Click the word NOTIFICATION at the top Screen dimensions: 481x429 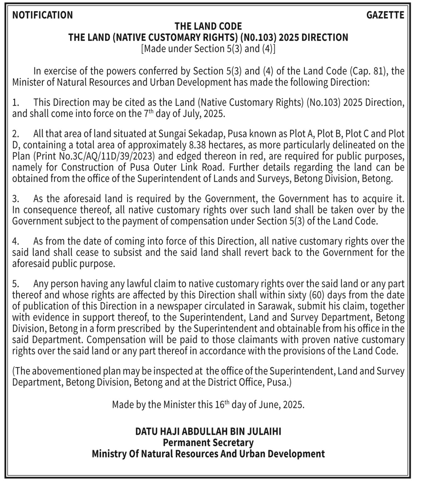click(42, 15)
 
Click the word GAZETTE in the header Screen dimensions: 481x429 click(385, 15)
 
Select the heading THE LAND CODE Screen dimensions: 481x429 click(208, 26)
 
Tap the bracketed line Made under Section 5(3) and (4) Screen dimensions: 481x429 click(208, 49)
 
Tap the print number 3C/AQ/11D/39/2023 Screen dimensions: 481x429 click(102, 156)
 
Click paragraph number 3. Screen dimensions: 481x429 click(16, 199)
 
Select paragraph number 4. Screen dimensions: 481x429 click(16, 241)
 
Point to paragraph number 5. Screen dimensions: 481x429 click(16, 284)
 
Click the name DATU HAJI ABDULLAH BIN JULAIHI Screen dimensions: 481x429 click(208, 432)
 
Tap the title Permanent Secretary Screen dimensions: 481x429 click(208, 443)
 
